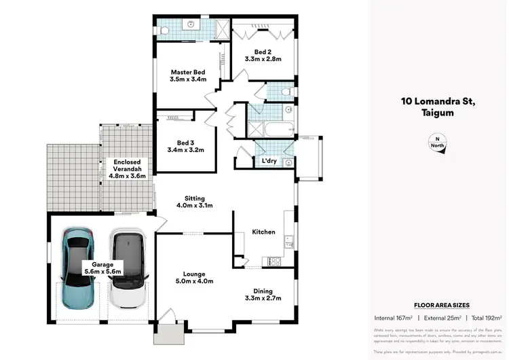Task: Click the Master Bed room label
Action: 187,71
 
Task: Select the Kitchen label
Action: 263,232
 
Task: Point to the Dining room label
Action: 263,289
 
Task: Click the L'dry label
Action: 267,161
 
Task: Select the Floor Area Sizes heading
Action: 442,305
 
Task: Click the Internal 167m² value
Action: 394,318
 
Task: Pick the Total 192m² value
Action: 487,318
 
